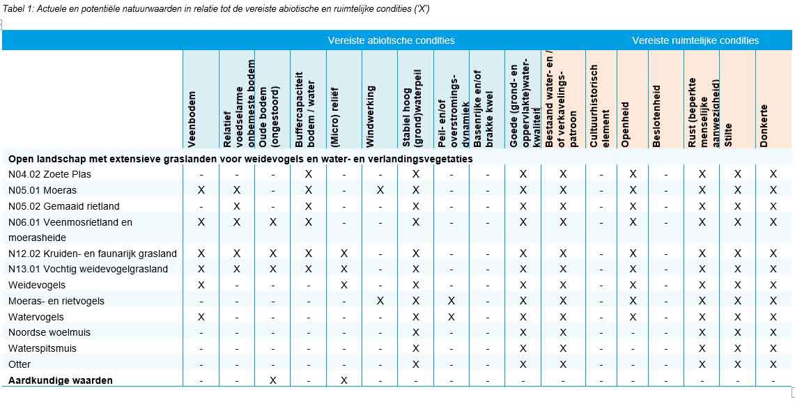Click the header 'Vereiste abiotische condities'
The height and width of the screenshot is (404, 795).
point(391,40)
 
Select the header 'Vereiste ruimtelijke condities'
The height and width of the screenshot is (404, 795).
point(695,40)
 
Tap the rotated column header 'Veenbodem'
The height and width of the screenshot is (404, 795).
point(192,119)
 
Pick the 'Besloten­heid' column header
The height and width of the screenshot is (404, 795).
point(656,125)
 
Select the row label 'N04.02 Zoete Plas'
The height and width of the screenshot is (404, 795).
point(49,174)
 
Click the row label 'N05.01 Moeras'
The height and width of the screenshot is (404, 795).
point(43,190)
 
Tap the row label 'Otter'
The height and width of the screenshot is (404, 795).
point(20,364)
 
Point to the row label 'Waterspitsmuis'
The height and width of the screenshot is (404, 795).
point(43,348)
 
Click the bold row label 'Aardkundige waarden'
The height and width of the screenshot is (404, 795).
point(61,380)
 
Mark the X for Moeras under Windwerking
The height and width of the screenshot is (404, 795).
point(380,190)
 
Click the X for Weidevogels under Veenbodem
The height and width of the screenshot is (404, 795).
point(201,285)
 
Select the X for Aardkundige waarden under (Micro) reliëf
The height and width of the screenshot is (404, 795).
point(344,380)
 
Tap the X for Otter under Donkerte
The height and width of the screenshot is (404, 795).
point(773,364)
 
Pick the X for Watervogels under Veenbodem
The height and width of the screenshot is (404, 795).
point(201,317)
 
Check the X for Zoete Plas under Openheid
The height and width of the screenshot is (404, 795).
point(633,174)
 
